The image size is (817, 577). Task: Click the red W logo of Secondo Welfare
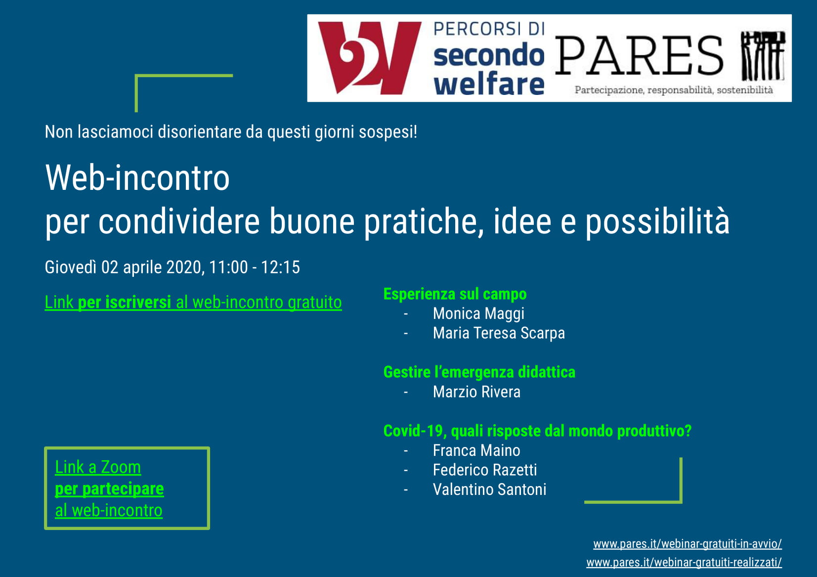pos(370,58)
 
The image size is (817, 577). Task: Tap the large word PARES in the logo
pos(639,55)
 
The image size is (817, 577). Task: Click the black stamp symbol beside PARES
pos(763,56)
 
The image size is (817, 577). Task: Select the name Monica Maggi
pos(478,313)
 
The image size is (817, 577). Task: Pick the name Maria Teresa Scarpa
pos(499,333)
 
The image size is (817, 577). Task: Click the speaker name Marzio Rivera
pos(476,392)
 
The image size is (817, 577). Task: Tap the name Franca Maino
pos(476,450)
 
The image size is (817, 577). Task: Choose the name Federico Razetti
pos(485,470)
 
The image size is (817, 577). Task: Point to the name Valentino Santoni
pos(489,489)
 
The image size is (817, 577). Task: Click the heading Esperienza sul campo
pos(455,294)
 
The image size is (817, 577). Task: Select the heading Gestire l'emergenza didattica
pos(479,372)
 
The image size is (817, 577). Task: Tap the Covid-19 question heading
pos(537,431)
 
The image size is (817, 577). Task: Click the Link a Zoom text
pos(98,467)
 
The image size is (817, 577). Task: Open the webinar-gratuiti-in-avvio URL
pos(688,544)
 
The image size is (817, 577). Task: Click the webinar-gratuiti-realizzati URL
pos(684,562)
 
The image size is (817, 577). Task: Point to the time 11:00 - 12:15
pos(255,267)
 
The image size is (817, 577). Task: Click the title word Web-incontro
pos(137,178)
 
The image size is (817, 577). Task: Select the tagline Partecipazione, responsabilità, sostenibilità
pos(674,90)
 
